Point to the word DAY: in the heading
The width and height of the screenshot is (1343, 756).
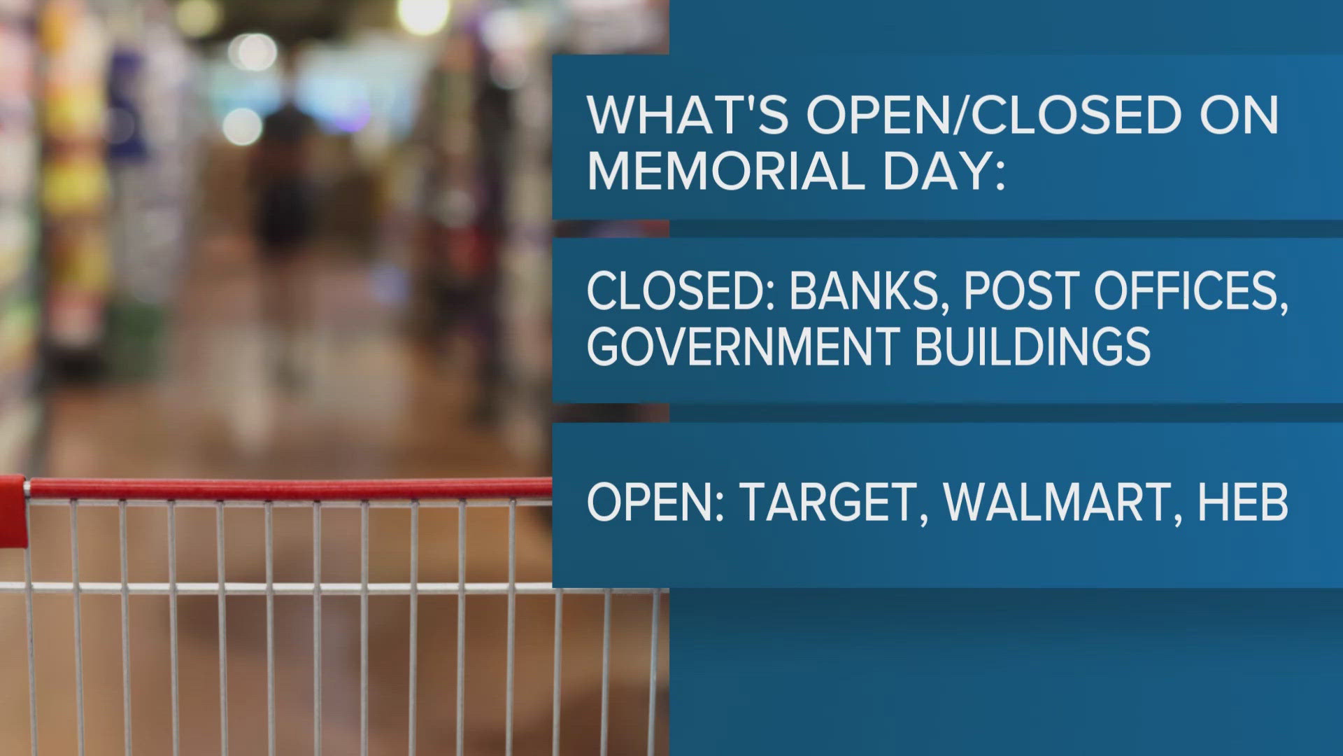point(944,170)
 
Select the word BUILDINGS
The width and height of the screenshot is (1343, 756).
point(1032,345)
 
